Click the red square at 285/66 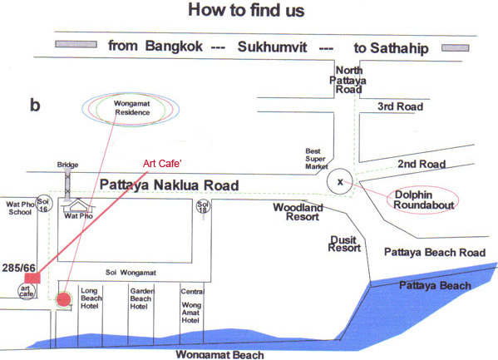tap(32, 278)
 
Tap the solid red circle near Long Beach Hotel tap(63, 299)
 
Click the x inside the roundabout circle tap(340, 182)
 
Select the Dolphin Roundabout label tap(423, 200)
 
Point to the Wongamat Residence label tap(132, 108)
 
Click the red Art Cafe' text tap(162, 163)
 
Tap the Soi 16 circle tap(44, 204)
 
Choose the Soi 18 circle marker tap(203, 206)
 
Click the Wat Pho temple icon tap(78, 206)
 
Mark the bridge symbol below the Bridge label tap(67, 185)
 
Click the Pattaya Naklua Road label tap(170, 185)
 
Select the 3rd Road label tap(400, 106)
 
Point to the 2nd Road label tap(422, 164)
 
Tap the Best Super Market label tap(316, 159)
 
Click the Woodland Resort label tap(298, 212)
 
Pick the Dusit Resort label tap(344, 244)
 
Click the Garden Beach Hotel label tap(141, 298)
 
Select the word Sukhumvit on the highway tap(272, 47)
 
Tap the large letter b tap(35, 105)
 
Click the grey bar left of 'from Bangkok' tap(76, 44)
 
